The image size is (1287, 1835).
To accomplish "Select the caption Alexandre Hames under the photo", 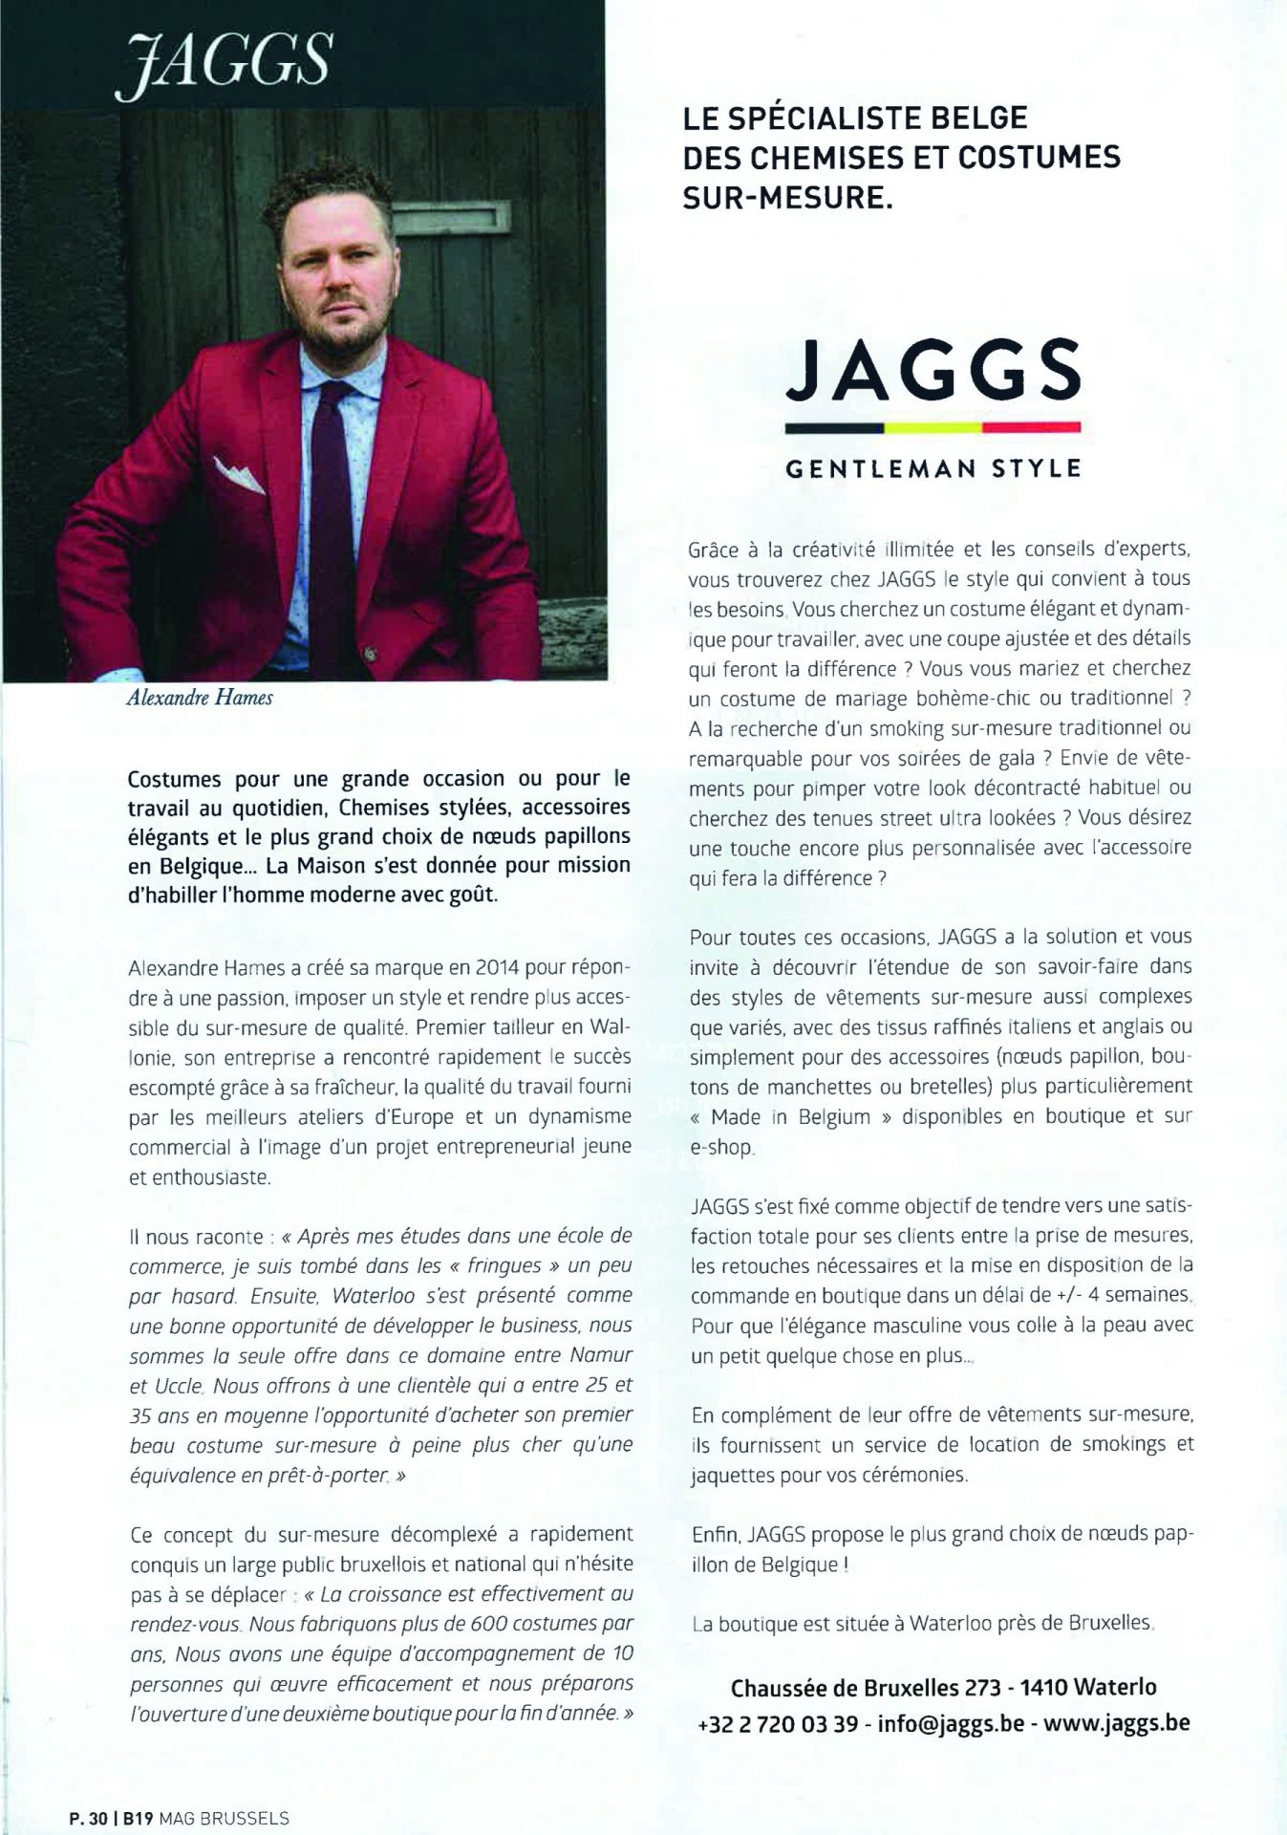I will [199, 697].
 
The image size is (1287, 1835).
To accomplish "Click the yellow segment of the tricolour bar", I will [933, 426].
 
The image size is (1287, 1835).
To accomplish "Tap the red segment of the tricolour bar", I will [1031, 426].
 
